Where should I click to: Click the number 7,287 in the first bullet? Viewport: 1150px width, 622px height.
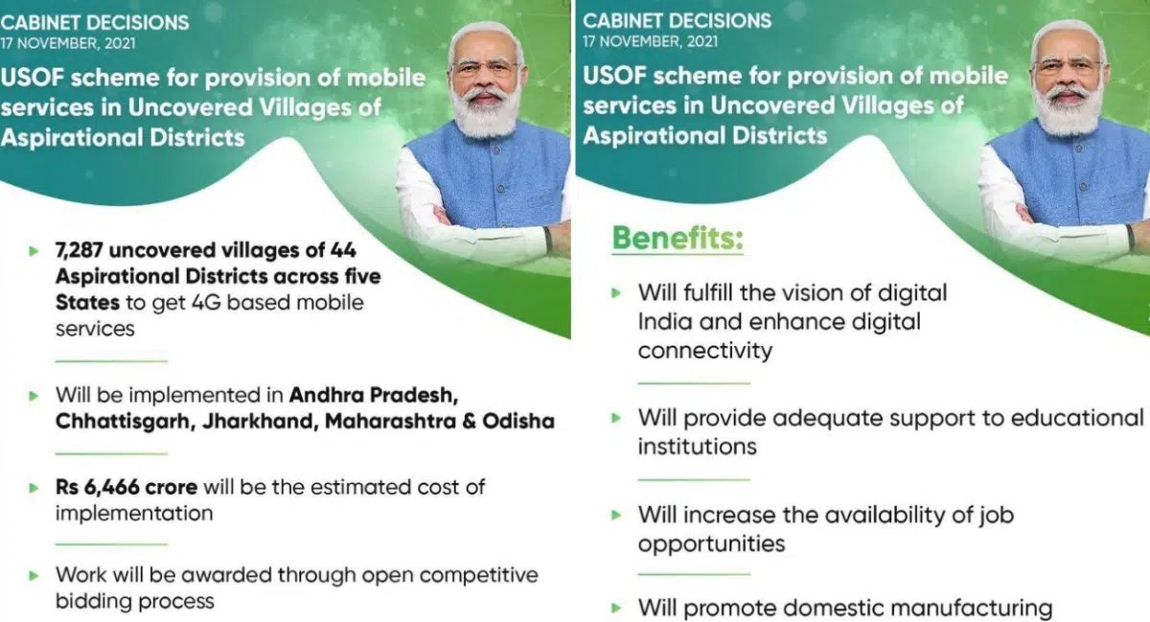79,251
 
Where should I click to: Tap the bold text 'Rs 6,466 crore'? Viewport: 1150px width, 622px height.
126,487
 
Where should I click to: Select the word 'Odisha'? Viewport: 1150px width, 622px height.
518,421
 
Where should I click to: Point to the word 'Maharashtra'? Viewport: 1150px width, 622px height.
391,421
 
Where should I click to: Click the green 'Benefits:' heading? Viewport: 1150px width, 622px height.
678,239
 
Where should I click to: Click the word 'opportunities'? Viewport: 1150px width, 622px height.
711,543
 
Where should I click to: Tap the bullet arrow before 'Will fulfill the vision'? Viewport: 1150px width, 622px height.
616,293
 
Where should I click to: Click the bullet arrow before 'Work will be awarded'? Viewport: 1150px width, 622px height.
34,576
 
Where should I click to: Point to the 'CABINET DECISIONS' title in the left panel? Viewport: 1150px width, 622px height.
95,23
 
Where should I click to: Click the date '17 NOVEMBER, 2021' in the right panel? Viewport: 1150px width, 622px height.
650,41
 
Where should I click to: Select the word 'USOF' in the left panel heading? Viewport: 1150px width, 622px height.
32,78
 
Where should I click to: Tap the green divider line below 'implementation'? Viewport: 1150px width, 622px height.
111,543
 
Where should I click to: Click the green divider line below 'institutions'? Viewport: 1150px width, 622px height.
694,479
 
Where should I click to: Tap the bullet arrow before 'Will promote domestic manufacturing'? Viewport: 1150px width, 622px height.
616,609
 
